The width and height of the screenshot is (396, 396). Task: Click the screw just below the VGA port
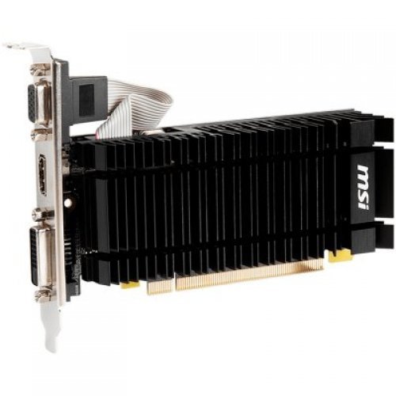click(x=37, y=135)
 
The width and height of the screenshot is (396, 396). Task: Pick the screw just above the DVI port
click(x=36, y=215)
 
